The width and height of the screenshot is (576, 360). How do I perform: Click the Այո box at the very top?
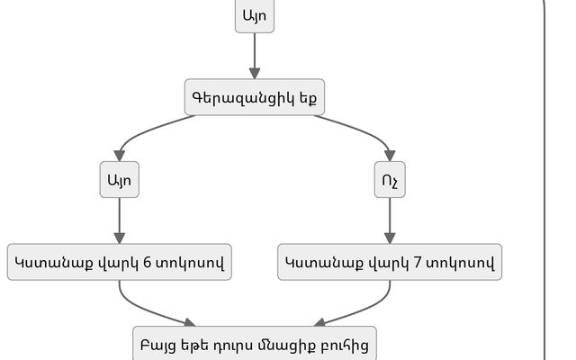pos(255,15)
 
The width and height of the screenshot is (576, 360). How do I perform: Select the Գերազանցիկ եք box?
pos(254,96)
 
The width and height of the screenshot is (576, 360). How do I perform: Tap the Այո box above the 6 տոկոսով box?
pos(120,180)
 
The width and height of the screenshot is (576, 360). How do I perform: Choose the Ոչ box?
pos(390,180)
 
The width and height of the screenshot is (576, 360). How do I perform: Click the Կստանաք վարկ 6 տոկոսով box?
pos(120,262)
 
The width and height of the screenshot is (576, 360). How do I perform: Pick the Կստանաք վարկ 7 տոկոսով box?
pos(390,262)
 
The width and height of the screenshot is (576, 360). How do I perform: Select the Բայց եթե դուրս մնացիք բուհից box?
pos(254,343)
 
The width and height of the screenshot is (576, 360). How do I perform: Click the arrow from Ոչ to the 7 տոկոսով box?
pos(390,220)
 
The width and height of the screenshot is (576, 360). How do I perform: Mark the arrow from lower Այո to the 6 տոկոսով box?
pos(120,220)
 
